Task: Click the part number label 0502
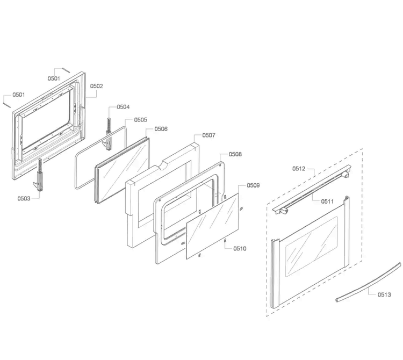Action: click(96, 86)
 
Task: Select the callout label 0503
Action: click(24, 198)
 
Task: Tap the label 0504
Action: click(123, 107)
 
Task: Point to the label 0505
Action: click(141, 120)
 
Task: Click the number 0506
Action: click(161, 129)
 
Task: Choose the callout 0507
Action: click(208, 135)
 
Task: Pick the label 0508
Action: click(235, 154)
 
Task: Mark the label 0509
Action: click(253, 185)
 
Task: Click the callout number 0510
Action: click(240, 248)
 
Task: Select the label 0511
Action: click(327, 201)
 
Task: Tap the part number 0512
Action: click(299, 169)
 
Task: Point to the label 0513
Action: click(384, 294)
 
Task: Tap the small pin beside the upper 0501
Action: click(66, 70)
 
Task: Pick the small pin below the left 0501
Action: click(6, 104)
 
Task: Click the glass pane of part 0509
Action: click(212, 226)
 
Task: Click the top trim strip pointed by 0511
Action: click(312, 189)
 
